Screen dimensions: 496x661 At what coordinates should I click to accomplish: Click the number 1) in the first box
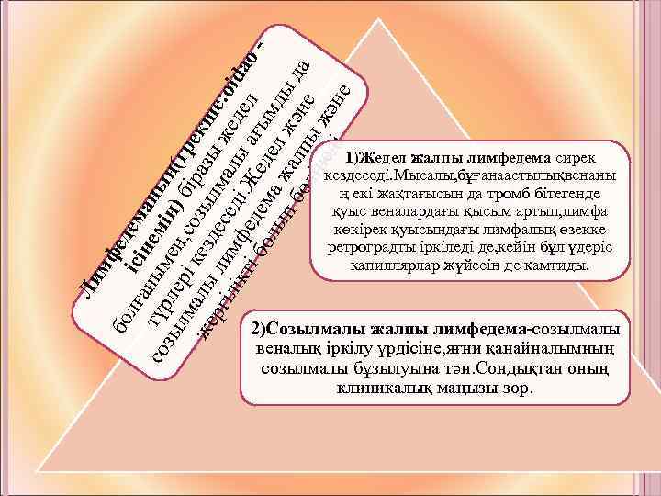[344, 158]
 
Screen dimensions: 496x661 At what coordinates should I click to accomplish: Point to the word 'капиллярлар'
[389, 265]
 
